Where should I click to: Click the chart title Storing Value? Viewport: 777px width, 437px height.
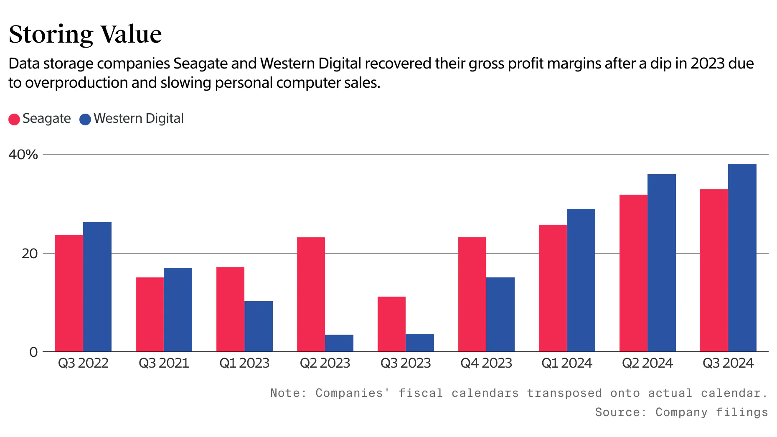pyautogui.click(x=85, y=34)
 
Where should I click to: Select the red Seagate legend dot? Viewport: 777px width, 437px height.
pyautogui.click(x=14, y=119)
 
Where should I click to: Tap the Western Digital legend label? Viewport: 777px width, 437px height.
pyautogui.click(x=138, y=119)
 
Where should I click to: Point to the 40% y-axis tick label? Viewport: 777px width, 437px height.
pyautogui.click(x=23, y=155)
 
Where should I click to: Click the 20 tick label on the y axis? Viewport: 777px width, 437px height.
pyautogui.click(x=29, y=254)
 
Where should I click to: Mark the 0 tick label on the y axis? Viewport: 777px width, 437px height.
pyautogui.click(x=33, y=352)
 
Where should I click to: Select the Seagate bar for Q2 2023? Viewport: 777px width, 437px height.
pyautogui.click(x=311, y=295)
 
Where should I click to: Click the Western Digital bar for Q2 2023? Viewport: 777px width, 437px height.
pyautogui.click(x=339, y=343)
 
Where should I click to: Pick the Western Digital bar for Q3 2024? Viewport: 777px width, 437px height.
pyautogui.click(x=742, y=258)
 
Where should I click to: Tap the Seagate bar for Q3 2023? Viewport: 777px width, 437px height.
pyautogui.click(x=391, y=324)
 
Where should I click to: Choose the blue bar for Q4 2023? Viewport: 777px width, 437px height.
pyautogui.click(x=500, y=315)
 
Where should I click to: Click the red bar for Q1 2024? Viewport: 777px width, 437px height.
pyautogui.click(x=553, y=288)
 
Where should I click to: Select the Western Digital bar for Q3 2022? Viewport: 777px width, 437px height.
pyautogui.click(x=97, y=287)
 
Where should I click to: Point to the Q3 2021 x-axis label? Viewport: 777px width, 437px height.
pyautogui.click(x=164, y=363)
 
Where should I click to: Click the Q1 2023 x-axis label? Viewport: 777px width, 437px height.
pyautogui.click(x=244, y=363)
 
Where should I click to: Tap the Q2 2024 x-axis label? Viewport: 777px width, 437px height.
pyautogui.click(x=647, y=363)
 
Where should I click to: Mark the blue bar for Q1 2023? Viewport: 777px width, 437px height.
pyautogui.click(x=259, y=326)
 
